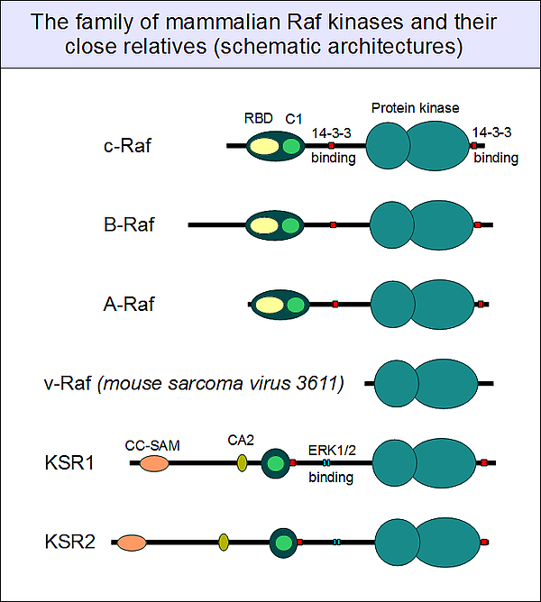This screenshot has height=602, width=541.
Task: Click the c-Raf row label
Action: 127,146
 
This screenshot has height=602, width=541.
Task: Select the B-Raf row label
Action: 129,224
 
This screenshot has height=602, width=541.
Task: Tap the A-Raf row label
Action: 129,304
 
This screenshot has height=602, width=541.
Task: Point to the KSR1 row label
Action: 69,462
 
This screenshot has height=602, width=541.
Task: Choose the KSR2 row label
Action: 70,542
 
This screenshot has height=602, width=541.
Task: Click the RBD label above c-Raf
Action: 258,118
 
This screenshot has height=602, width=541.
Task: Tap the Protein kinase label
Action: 416,108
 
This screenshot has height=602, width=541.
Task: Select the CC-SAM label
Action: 152,445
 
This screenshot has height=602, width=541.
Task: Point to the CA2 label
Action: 241,440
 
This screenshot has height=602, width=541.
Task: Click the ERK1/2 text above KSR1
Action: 332,450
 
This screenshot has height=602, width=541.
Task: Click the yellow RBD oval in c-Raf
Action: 264,146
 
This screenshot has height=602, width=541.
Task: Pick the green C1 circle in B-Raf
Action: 290,225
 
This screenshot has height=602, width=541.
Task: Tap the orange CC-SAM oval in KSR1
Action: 154,463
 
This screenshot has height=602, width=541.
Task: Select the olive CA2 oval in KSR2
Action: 224,543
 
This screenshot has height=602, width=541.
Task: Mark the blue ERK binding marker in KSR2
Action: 336,543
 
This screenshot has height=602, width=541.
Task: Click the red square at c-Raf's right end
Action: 474,146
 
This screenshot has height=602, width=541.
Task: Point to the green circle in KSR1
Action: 275,463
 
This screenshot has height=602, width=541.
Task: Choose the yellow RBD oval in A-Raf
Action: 270,305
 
